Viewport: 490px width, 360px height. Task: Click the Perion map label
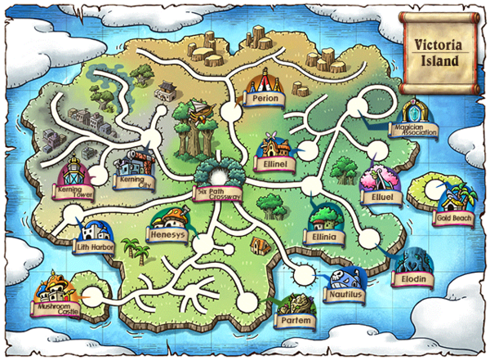(x=265, y=99)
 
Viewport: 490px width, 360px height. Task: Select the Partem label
(x=296, y=321)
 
